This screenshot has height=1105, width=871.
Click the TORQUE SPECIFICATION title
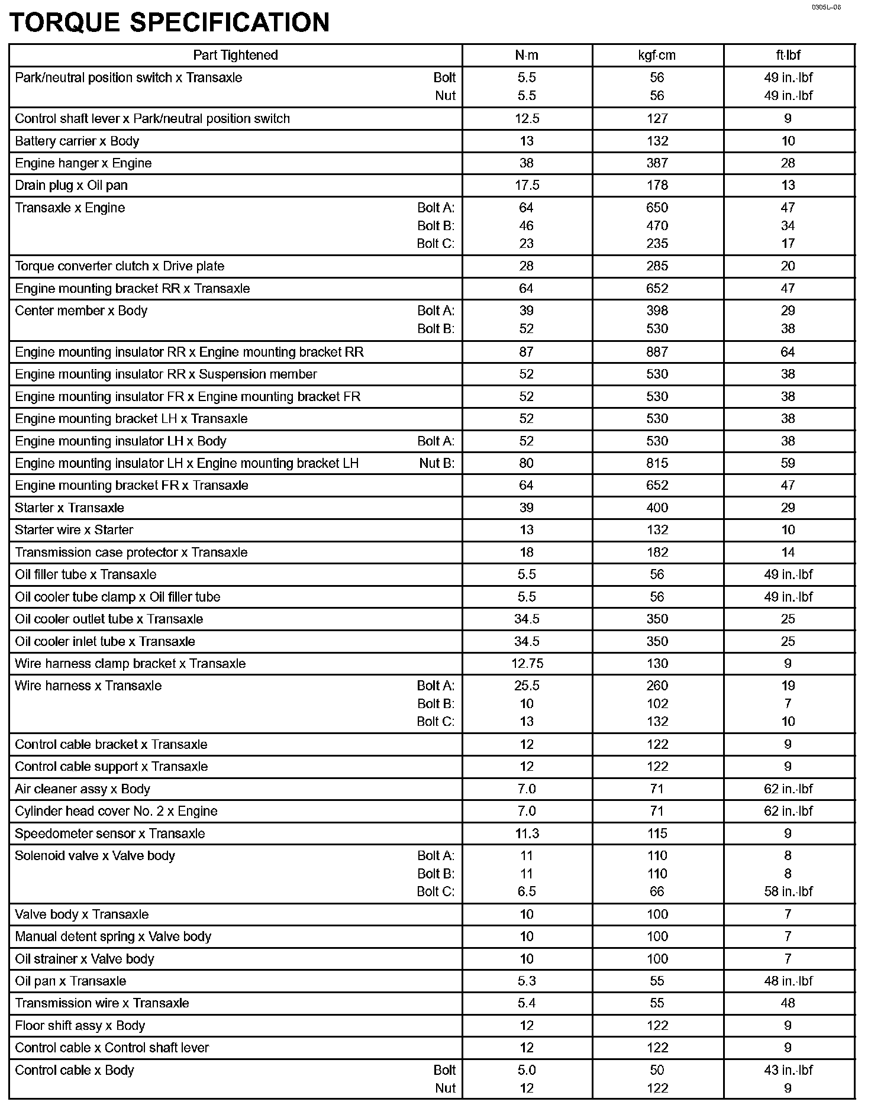(x=170, y=22)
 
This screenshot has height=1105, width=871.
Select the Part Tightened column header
(x=236, y=55)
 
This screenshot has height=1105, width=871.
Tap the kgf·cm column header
(x=657, y=55)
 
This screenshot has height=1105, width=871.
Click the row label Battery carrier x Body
(x=77, y=141)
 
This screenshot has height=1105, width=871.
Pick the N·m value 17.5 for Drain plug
(x=527, y=185)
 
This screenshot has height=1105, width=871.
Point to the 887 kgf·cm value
(x=657, y=352)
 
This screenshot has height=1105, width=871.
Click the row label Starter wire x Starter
(x=74, y=530)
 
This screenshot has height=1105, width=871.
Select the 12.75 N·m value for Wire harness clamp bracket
(x=527, y=664)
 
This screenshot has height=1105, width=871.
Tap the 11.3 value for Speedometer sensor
(x=527, y=833)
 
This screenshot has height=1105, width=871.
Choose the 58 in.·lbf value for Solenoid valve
(x=788, y=891)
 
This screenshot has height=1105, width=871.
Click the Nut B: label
(x=437, y=463)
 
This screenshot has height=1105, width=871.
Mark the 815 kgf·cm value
(x=657, y=463)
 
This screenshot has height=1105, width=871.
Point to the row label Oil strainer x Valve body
(x=85, y=959)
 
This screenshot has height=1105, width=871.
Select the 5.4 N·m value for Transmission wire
(x=527, y=1003)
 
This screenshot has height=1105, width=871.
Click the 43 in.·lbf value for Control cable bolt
(x=788, y=1070)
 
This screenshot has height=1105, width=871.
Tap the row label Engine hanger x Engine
(x=83, y=163)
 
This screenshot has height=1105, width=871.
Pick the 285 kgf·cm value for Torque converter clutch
(x=657, y=266)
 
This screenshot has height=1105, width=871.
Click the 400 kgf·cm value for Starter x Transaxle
(x=657, y=508)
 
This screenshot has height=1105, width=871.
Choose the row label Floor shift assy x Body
(x=80, y=1026)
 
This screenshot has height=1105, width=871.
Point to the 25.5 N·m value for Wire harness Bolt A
(x=527, y=686)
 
